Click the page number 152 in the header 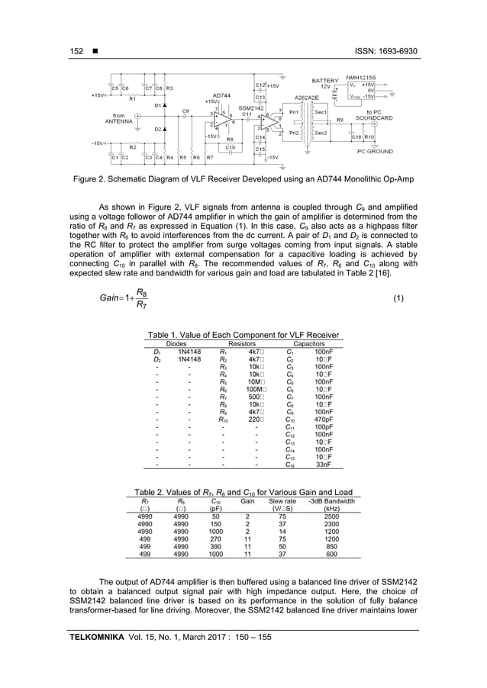click(76, 51)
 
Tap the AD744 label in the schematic click(221, 95)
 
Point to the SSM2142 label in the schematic click(253, 108)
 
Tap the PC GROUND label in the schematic click(375, 152)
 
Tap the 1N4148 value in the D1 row click(189, 352)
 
